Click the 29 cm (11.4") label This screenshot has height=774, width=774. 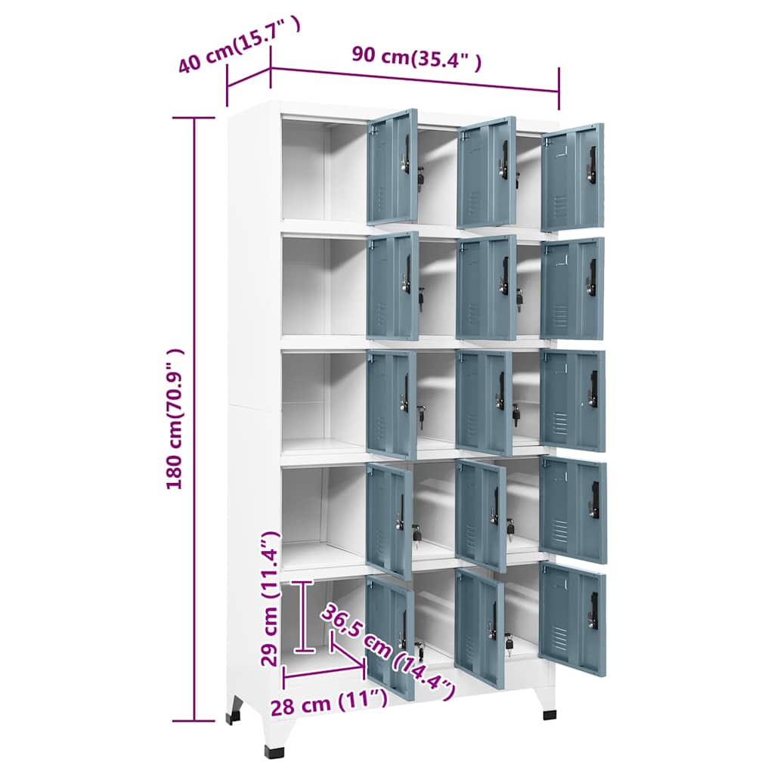[270, 598]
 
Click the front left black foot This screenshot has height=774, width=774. [275, 751]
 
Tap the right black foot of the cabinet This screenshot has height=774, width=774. [549, 714]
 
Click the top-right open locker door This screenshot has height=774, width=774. [572, 177]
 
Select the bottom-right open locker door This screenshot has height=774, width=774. [572, 618]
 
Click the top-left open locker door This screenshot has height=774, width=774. [392, 167]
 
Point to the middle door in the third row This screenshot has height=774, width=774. [484, 401]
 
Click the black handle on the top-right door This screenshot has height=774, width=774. [593, 164]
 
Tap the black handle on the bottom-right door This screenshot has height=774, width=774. [593, 610]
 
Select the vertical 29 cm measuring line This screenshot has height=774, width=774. [304, 616]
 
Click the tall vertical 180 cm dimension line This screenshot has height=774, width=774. [194, 420]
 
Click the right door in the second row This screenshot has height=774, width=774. [572, 289]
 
